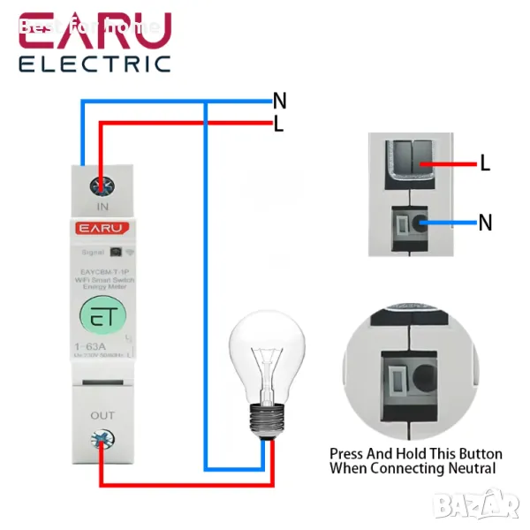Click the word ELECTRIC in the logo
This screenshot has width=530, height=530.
[95, 63]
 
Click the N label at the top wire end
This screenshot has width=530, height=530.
[280, 101]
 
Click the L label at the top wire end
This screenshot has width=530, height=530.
[279, 125]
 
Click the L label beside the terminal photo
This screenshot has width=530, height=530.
[485, 163]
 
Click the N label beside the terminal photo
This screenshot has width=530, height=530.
[485, 223]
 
